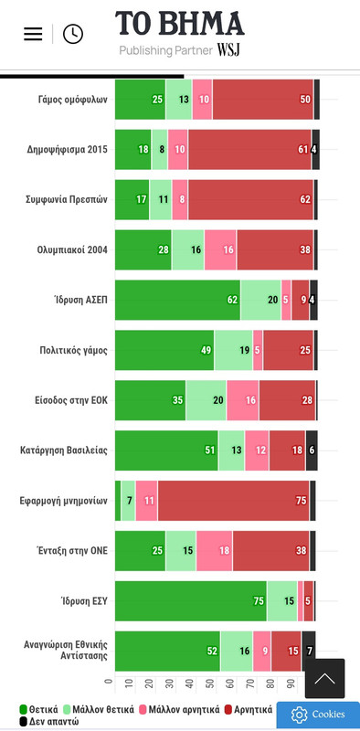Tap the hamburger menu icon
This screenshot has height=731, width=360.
(x=33, y=34)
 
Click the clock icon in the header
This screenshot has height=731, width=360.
(x=72, y=34)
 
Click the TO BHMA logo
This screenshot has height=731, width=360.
(x=180, y=24)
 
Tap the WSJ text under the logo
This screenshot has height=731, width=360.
(x=229, y=50)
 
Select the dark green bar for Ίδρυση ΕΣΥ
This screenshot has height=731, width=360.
(x=190, y=600)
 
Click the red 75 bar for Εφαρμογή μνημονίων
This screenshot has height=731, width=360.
(x=233, y=501)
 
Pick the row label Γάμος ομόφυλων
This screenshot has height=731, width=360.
(x=73, y=100)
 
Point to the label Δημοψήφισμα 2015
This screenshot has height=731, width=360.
(x=67, y=150)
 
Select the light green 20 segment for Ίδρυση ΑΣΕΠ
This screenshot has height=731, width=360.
(x=260, y=300)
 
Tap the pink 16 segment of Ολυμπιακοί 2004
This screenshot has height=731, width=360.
(x=220, y=249)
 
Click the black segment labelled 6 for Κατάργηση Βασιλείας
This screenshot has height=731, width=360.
(x=311, y=450)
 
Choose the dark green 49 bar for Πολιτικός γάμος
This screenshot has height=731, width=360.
(x=164, y=350)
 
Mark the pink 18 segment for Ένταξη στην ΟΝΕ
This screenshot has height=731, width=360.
(x=214, y=551)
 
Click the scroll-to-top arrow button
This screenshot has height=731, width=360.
(x=324, y=678)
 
